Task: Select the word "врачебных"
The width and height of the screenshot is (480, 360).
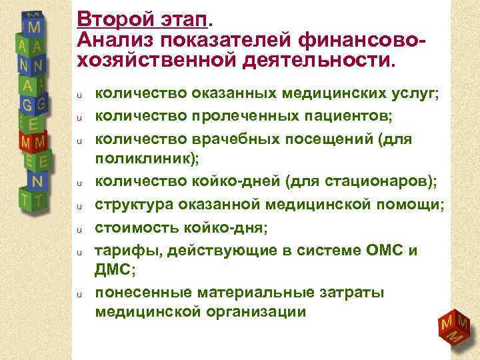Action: tap(237, 139)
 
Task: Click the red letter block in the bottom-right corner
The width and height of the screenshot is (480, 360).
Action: tap(453, 328)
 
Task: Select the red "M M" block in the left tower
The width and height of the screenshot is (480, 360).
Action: tap(33, 143)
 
